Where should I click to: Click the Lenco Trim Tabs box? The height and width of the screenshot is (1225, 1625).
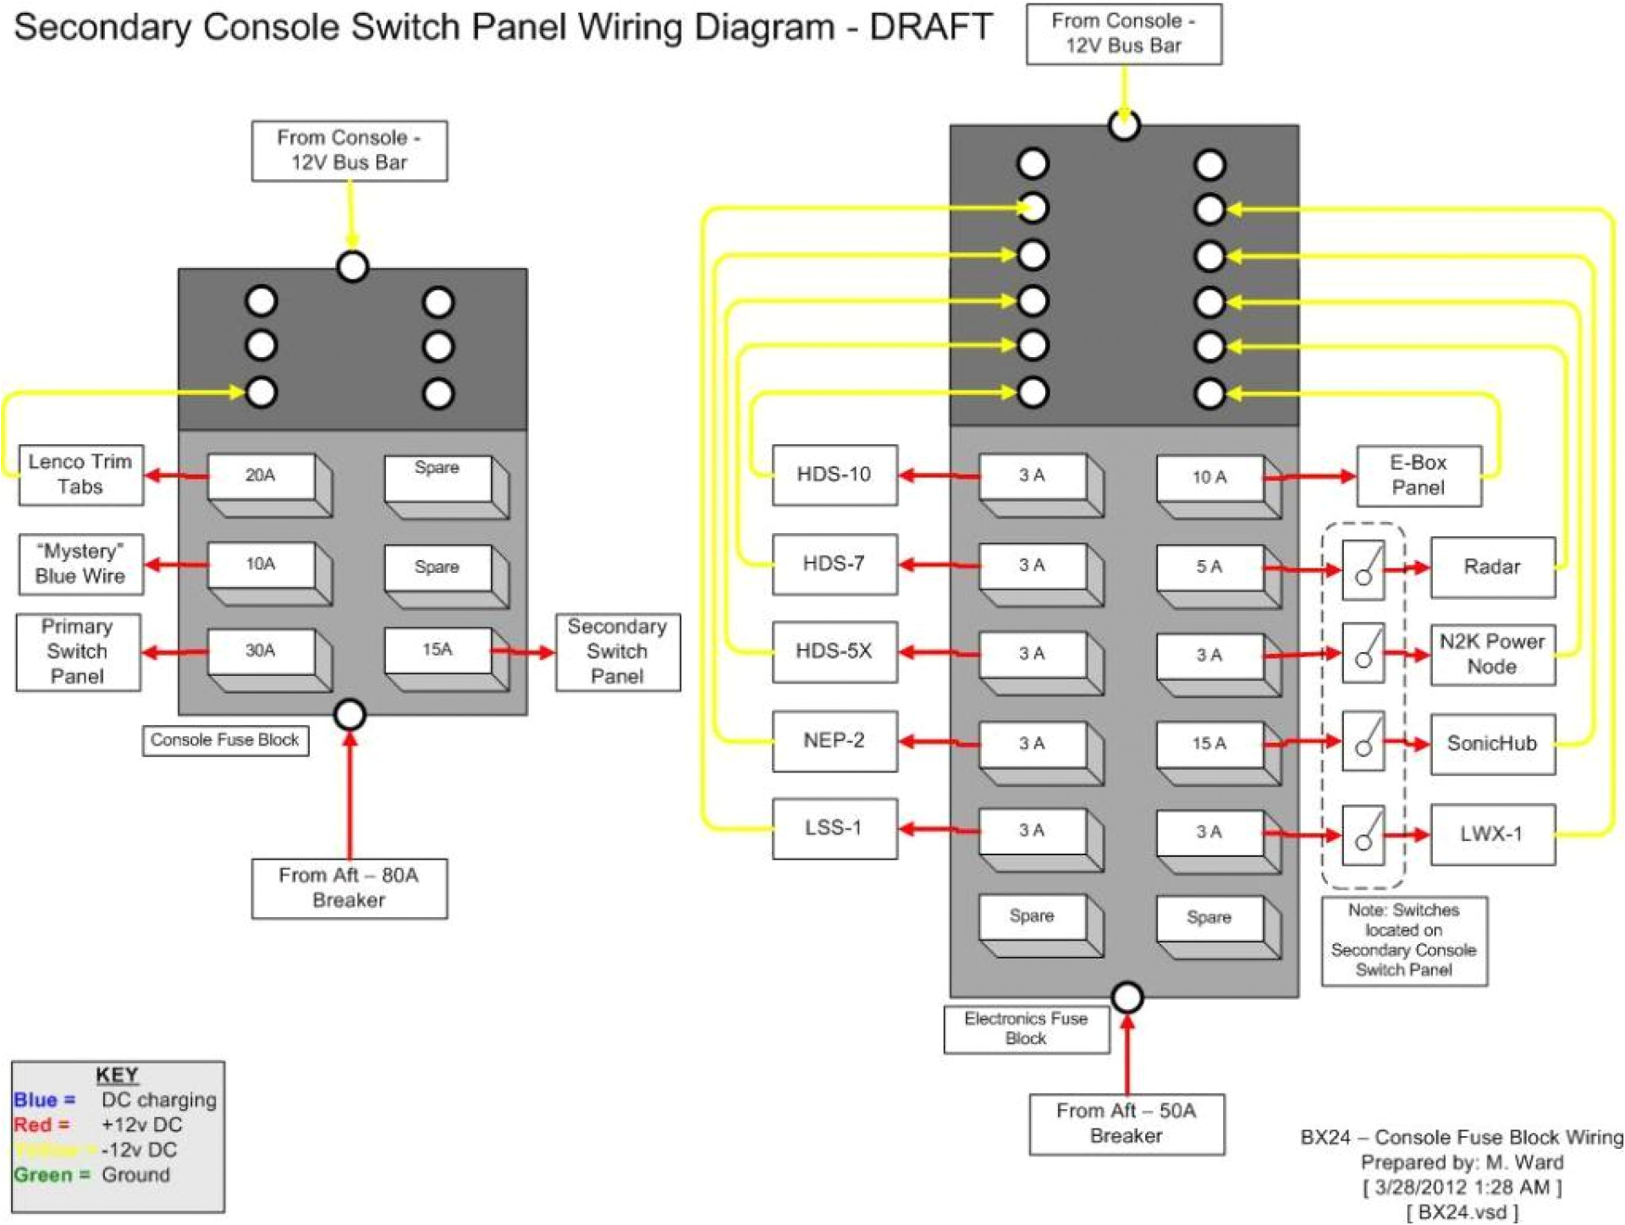pos(80,475)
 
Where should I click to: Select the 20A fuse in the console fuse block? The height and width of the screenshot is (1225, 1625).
pos(261,476)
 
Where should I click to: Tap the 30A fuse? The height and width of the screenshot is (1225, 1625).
pos(261,651)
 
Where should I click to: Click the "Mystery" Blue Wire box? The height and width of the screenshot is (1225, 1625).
pos(80,563)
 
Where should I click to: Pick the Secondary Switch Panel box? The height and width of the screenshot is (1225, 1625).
pos(617,651)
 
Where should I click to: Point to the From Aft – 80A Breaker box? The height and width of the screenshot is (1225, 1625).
pos(349,887)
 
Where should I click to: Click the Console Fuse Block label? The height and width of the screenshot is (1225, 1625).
pos(224,740)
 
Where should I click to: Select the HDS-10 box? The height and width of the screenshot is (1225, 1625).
pos(834,475)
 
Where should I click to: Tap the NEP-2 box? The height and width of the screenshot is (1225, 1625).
pos(834,740)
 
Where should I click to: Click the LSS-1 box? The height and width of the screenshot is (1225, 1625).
pos(834,827)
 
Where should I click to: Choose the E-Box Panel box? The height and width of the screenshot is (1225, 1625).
pos(1418,475)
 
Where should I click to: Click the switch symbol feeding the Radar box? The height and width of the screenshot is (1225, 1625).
pos(1363,569)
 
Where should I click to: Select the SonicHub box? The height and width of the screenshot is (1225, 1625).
pos(1491,744)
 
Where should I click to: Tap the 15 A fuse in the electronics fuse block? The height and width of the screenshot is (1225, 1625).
pos(1209,744)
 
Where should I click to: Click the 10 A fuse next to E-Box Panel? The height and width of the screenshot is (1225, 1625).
pos(1209,478)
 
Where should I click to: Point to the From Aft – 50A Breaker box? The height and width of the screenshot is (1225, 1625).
pos(1126,1123)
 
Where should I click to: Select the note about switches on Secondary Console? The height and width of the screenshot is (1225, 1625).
pos(1403,940)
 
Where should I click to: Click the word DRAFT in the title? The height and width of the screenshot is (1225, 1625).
pos(930,27)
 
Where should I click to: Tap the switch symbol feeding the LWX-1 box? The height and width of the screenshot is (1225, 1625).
pos(1363,834)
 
